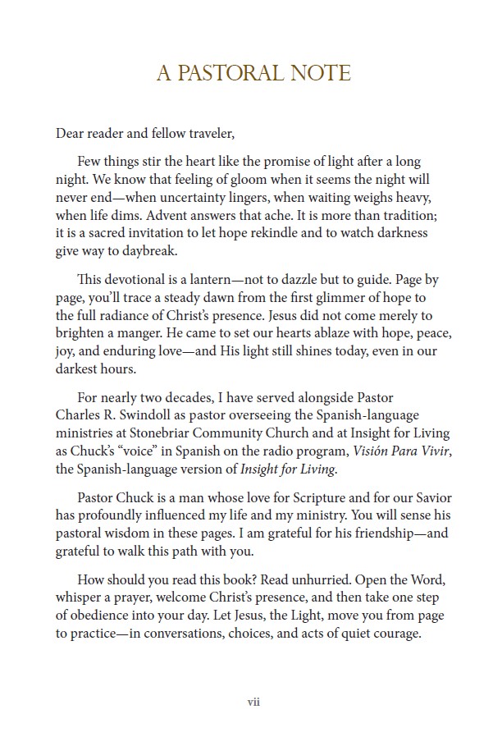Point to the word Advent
tap(137, 215)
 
